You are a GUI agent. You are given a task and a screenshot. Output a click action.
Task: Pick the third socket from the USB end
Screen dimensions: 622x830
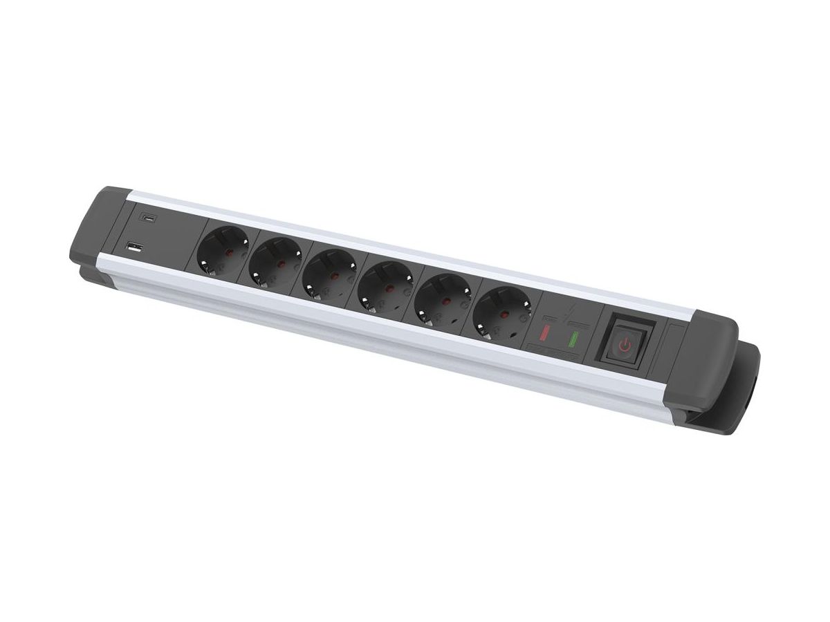(329, 273)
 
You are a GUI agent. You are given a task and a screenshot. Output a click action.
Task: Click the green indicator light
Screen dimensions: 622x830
(573, 340)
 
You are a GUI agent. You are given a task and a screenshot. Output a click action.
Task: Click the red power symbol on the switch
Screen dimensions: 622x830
(625, 346)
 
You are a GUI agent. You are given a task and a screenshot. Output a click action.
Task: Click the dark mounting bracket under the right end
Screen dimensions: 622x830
(744, 394)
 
